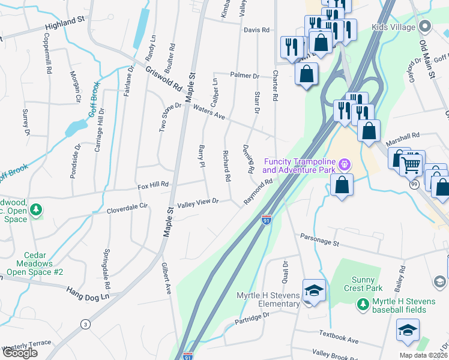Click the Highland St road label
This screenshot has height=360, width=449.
pyautogui.click(x=65, y=24)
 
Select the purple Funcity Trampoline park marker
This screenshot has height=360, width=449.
pyautogui.click(x=344, y=163)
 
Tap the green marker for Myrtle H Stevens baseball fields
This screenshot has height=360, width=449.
pyautogui.click(x=362, y=305)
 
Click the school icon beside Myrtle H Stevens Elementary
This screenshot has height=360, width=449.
pyautogui.click(x=314, y=291)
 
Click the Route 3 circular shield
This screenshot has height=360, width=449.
pyautogui.click(x=86, y=324)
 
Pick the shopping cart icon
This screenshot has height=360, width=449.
pyautogui.click(x=412, y=163)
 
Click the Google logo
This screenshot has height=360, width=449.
pyautogui.click(x=20, y=353)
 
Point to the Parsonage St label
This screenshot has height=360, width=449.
pyautogui.click(x=320, y=239)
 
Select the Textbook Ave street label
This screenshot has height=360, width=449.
pyautogui.click(x=339, y=337)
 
